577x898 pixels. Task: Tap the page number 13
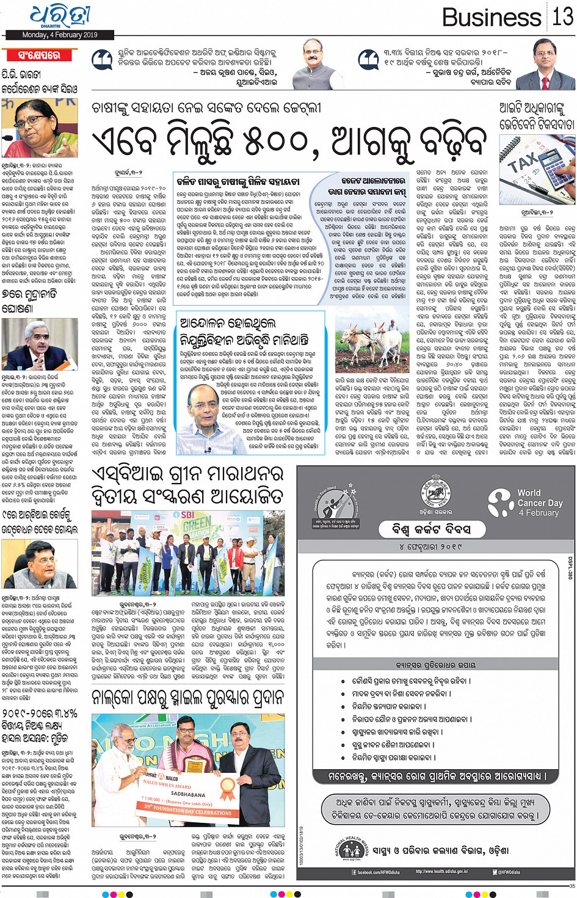[x=562, y=16]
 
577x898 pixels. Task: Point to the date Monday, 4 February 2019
[x=60, y=35]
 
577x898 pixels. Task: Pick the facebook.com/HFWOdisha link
[x=379, y=872]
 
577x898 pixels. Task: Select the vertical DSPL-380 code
[x=570, y=567]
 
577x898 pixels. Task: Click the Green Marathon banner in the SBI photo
[x=197, y=526]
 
